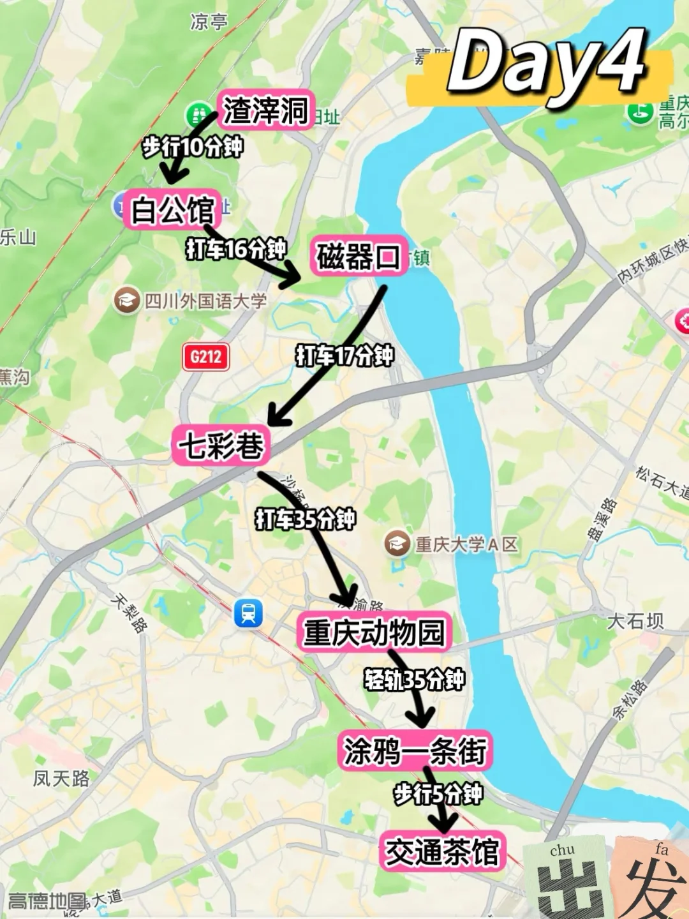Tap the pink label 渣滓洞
[x=265, y=110]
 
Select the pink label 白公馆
[x=172, y=209]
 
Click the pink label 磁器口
[x=359, y=257]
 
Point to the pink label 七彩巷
[x=221, y=445]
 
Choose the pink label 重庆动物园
[x=374, y=632]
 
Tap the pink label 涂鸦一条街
[x=415, y=751]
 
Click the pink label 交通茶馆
[x=442, y=851]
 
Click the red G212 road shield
[x=205, y=356]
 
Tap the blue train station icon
[x=248, y=613]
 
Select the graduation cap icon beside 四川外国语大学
[x=127, y=299]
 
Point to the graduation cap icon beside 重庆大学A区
[x=397, y=544]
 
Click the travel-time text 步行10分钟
[x=192, y=147]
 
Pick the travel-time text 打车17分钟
[x=344, y=355]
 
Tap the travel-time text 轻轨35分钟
[x=414, y=680]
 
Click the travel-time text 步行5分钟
[x=438, y=794]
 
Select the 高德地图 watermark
[x=47, y=900]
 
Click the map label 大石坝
[x=635, y=620]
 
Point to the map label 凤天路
[x=61, y=778]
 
